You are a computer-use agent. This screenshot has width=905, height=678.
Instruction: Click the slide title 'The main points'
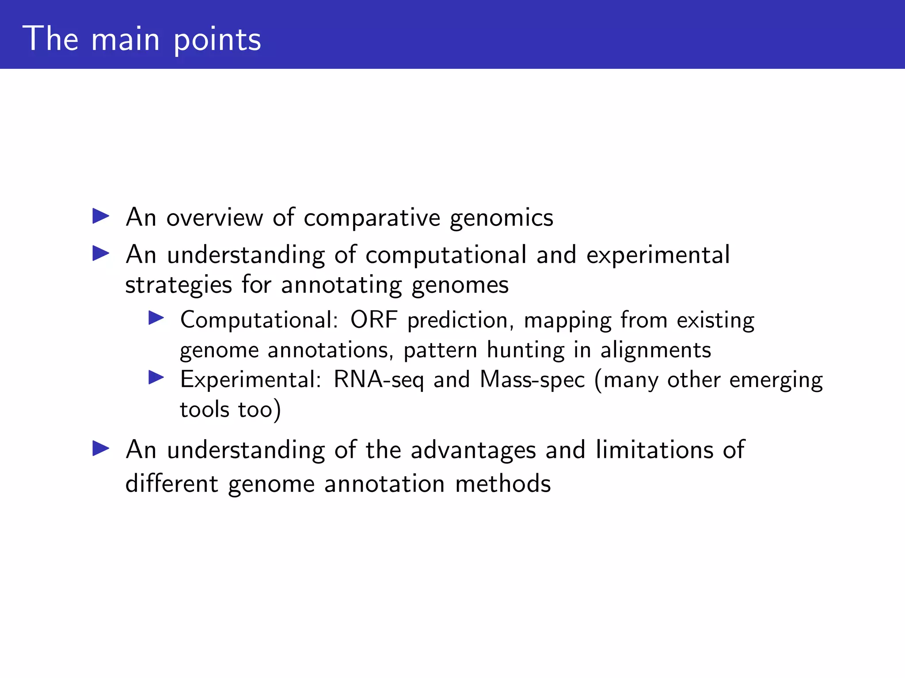142,40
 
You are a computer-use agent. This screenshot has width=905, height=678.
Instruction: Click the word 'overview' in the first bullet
214,218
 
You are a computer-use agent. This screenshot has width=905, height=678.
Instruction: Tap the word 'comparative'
372,218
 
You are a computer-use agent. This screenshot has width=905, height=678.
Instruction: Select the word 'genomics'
501,218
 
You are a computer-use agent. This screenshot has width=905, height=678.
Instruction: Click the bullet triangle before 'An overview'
101,216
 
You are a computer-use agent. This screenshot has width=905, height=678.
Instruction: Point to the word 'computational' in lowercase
446,256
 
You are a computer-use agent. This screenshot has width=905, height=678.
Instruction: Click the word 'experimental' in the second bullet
658,256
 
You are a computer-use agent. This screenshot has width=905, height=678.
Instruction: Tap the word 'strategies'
179,285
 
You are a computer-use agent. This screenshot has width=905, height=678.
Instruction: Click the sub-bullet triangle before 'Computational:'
156,318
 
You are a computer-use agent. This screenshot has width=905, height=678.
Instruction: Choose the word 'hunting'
526,350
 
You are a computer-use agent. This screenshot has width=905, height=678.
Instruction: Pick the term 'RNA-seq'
379,380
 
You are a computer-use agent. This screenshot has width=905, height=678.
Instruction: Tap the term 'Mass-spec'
532,380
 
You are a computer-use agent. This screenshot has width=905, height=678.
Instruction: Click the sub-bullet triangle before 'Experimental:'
156,377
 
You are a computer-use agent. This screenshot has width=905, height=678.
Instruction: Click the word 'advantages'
473,451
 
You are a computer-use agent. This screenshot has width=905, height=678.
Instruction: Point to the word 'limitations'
654,450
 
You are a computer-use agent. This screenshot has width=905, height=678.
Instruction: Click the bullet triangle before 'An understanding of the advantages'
101,448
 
